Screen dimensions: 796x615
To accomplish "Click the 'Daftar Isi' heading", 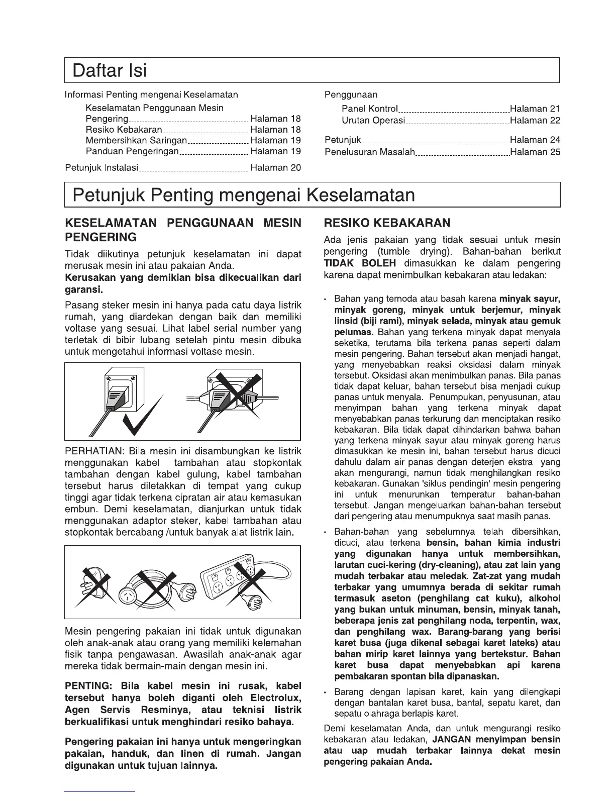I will (110, 70).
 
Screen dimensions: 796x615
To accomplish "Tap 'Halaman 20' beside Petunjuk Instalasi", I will (275, 168).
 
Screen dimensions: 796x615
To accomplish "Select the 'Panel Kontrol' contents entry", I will (370, 109).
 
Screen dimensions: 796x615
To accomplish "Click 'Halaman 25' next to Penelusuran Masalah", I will (535, 152).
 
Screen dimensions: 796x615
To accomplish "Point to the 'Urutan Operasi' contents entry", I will (373, 121).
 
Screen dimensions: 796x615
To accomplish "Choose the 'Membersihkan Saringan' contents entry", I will (136, 141).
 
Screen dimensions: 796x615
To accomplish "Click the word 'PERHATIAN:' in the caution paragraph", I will (94, 451).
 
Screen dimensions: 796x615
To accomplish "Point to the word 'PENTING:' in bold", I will (88, 686).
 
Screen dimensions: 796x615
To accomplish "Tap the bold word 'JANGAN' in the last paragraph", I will (451, 739).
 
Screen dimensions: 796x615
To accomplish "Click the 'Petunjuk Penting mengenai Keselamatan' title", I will (244, 195).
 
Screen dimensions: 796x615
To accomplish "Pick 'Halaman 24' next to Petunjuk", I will (535, 140).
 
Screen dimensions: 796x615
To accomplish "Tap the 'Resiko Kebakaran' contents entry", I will (124, 130).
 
